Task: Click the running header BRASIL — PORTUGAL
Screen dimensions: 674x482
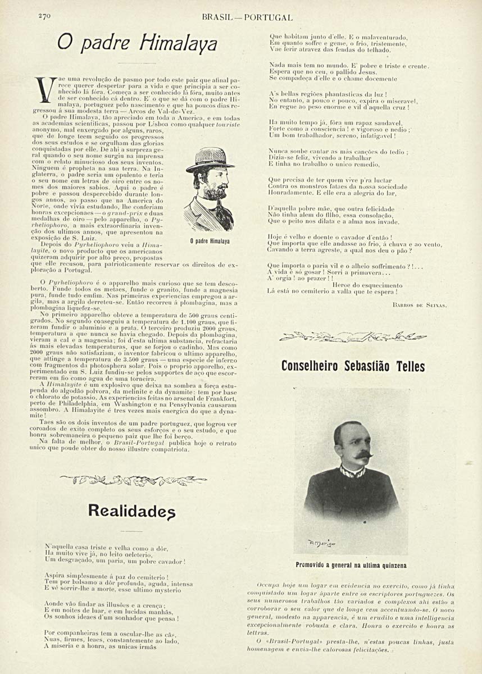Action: [247, 18]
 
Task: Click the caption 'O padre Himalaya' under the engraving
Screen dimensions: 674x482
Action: [210, 242]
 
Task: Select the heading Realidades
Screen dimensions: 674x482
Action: [133, 511]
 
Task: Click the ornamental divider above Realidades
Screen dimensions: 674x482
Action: [133, 479]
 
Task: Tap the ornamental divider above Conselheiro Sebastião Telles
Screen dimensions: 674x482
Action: [353, 336]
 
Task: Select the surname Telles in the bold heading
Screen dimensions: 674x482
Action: [405, 366]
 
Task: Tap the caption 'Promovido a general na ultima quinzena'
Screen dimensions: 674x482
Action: [352, 565]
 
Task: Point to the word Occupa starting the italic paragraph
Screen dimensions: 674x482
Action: [268, 585]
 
